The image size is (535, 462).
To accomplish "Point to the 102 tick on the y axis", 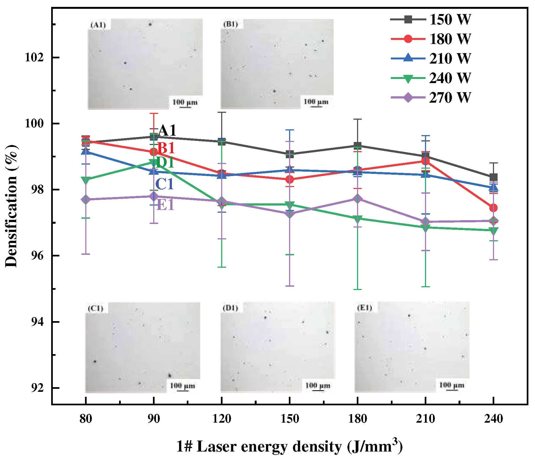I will click(x=34, y=58).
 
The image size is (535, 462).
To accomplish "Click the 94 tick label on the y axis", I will click(x=37, y=322).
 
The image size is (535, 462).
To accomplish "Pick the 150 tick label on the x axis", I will click(x=289, y=419).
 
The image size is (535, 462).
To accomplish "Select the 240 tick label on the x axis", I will click(x=493, y=419).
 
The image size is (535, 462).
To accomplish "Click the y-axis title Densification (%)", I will click(x=12, y=206).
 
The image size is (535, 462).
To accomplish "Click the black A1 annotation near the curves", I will click(x=167, y=130).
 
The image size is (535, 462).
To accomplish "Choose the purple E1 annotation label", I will click(x=165, y=204).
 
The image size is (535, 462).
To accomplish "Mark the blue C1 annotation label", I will click(x=164, y=184).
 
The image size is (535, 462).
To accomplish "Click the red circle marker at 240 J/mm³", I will click(x=493, y=208).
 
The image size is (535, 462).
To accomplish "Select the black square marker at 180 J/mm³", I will click(x=357, y=145).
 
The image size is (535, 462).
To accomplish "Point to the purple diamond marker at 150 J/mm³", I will click(x=289, y=214).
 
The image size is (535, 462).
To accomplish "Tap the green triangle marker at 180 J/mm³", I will click(x=357, y=219).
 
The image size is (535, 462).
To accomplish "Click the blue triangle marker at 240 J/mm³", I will click(x=493, y=187).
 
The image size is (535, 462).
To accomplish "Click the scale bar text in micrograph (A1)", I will click(x=185, y=102).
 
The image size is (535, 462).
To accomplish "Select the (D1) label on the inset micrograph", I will click(x=231, y=308).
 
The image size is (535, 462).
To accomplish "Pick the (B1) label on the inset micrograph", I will click(x=231, y=24).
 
